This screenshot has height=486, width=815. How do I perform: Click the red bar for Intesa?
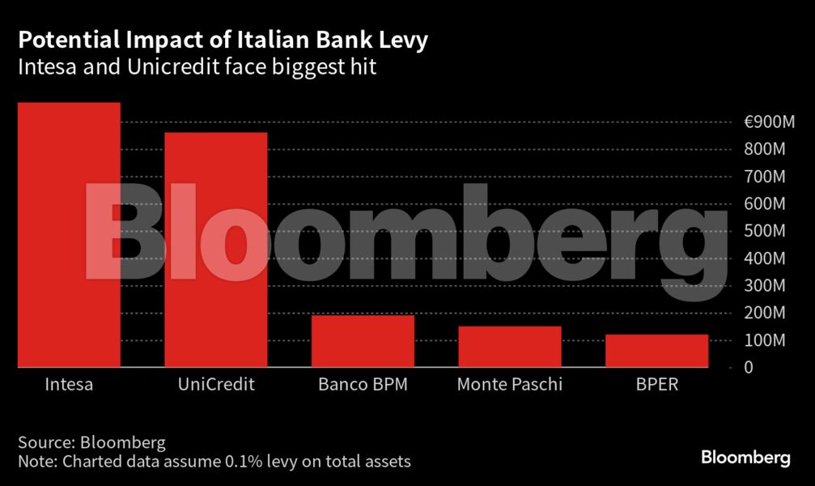pyautogui.click(x=69, y=235)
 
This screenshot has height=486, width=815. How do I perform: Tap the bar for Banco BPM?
pyautogui.click(x=363, y=341)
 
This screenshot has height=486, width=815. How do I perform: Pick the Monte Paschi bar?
pyautogui.click(x=509, y=347)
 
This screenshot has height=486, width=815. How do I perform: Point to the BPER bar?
pyautogui.click(x=656, y=351)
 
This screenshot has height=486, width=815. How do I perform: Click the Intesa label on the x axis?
pyautogui.click(x=69, y=385)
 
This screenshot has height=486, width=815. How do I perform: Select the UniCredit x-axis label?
pyautogui.click(x=216, y=385)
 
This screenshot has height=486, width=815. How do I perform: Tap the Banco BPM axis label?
pyautogui.click(x=363, y=385)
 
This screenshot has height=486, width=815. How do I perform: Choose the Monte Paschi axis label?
pyautogui.click(x=509, y=385)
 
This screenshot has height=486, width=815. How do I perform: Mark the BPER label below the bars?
pyautogui.click(x=656, y=385)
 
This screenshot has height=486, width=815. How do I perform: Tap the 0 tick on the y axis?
pyautogui.click(x=749, y=368)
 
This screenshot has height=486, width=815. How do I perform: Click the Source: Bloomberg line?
pyautogui.click(x=91, y=443)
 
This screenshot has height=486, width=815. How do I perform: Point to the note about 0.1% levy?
pyautogui.click(x=214, y=462)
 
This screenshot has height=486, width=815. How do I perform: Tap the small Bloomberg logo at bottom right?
pyautogui.click(x=745, y=458)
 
